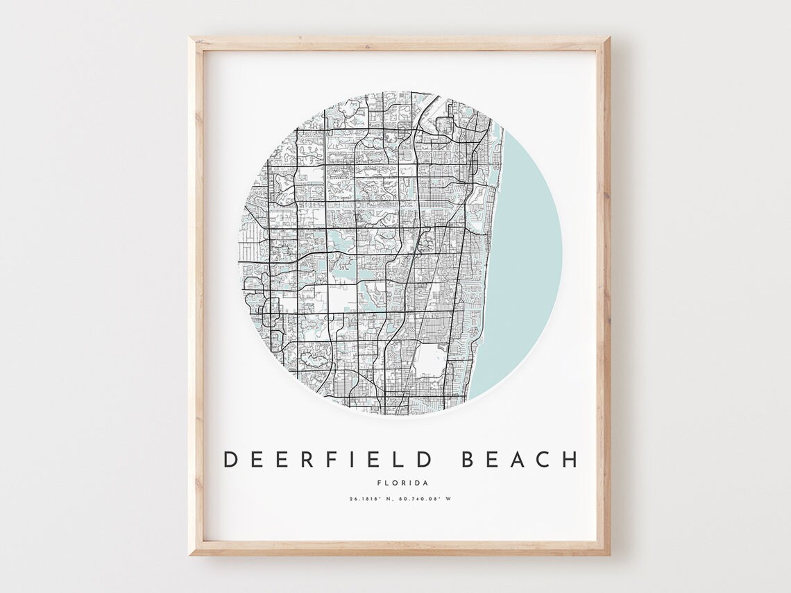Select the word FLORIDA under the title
(402, 483)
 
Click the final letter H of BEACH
(569, 459)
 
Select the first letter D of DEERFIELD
(230, 459)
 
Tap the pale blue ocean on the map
(527, 264)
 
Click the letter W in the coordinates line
(449, 499)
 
